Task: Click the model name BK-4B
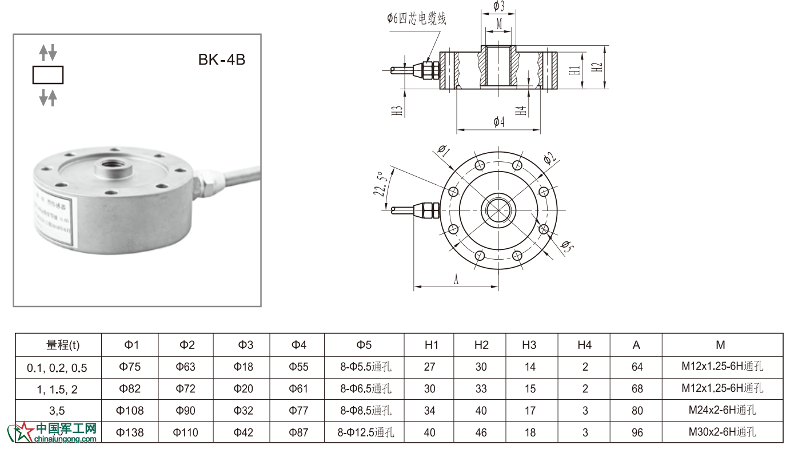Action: [x=222, y=59]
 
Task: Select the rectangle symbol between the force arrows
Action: [x=48, y=76]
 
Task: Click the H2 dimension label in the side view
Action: [x=597, y=67]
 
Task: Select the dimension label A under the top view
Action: [x=456, y=279]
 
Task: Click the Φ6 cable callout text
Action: [x=416, y=18]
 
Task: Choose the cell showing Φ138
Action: [x=130, y=432]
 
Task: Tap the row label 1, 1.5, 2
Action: [x=57, y=389]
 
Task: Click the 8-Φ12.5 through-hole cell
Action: [x=365, y=432]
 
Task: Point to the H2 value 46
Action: [x=481, y=432]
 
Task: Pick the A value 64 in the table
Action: [x=637, y=367]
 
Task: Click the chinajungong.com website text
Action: [x=65, y=439]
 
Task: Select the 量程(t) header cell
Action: [x=63, y=345]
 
